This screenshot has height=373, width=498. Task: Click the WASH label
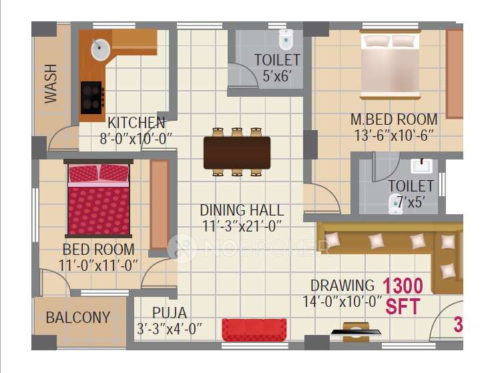(51, 84)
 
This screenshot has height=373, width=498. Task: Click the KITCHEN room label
(136, 123)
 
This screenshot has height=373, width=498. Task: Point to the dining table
(237, 152)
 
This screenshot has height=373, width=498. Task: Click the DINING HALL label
(242, 210)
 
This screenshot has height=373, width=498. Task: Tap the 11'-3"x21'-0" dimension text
(242, 226)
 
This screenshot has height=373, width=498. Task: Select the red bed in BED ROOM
(99, 199)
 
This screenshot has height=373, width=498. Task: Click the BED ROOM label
(99, 250)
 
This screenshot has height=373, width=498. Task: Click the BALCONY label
(78, 318)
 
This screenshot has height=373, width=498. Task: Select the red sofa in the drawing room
(254, 330)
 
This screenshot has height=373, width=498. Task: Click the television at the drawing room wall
(355, 330)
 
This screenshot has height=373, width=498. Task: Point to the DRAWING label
(342, 286)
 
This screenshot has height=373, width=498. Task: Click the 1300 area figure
(403, 286)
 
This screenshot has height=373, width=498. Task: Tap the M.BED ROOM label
(394, 120)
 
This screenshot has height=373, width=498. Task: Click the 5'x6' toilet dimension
(276, 76)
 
